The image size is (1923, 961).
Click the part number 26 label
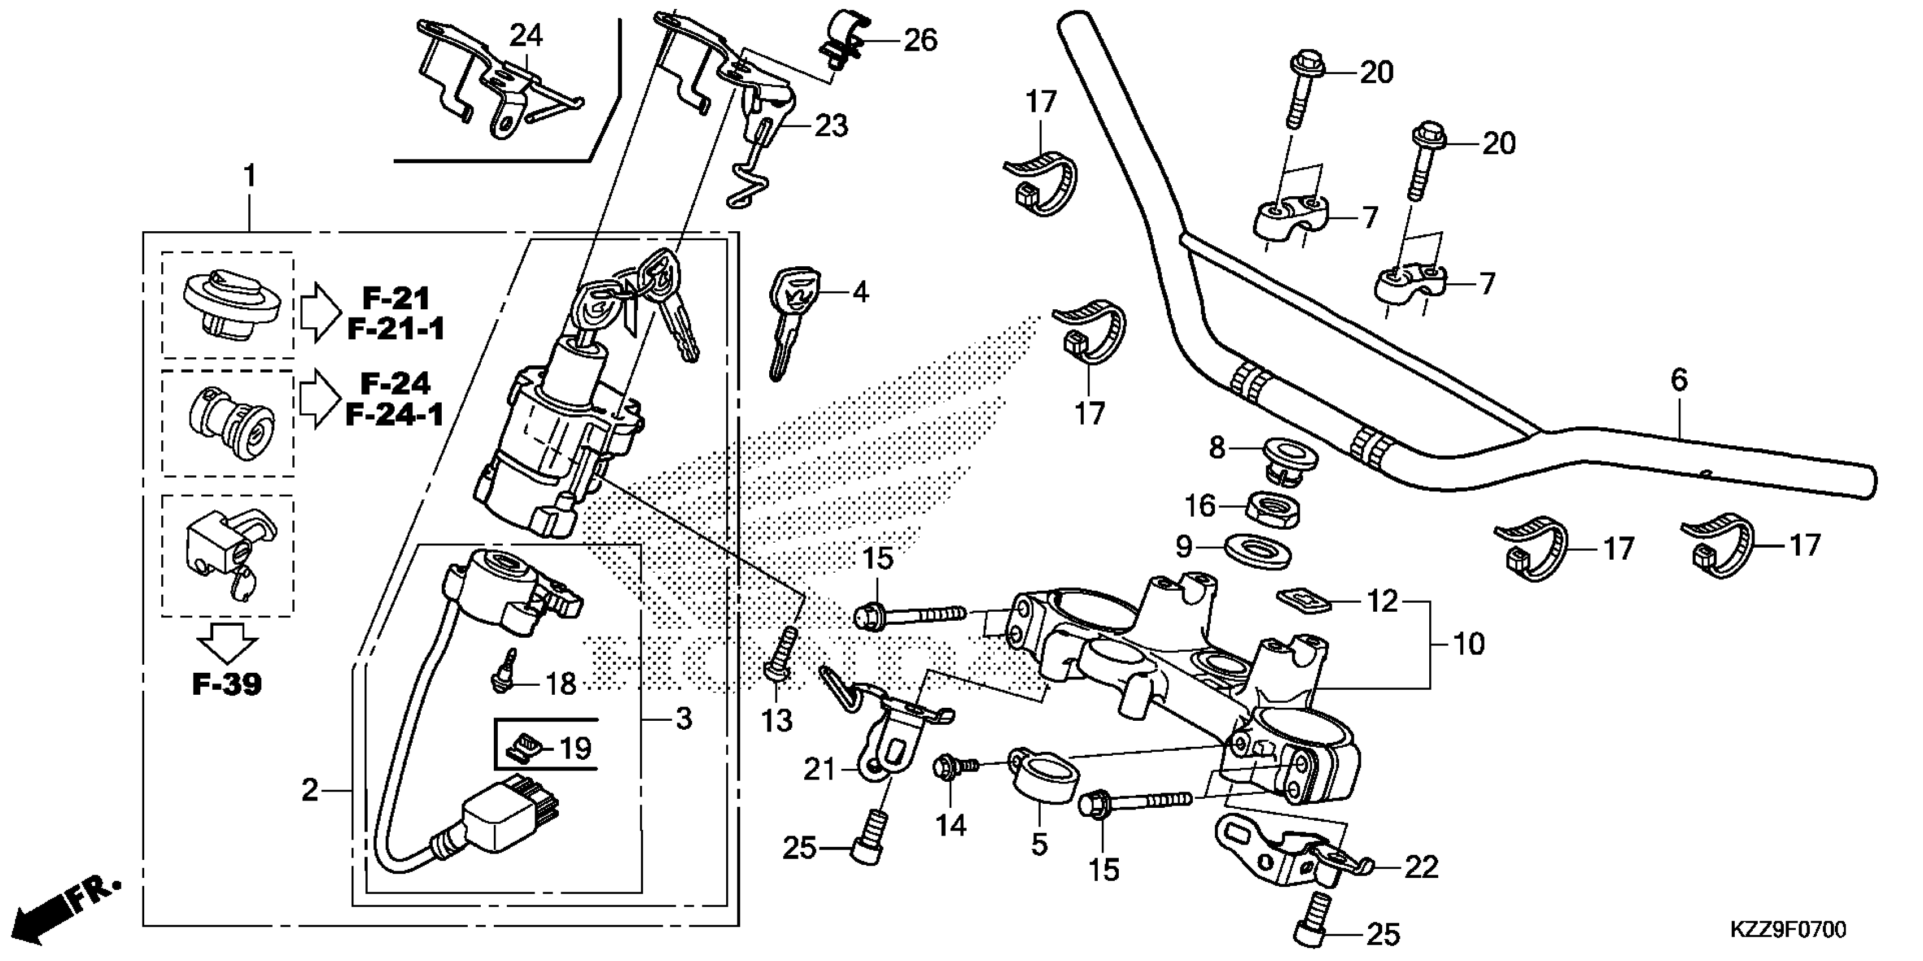coord(920,40)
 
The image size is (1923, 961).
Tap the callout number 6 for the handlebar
coord(1678,380)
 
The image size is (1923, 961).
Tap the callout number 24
coord(527,35)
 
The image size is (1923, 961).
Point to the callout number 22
coord(1421,867)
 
